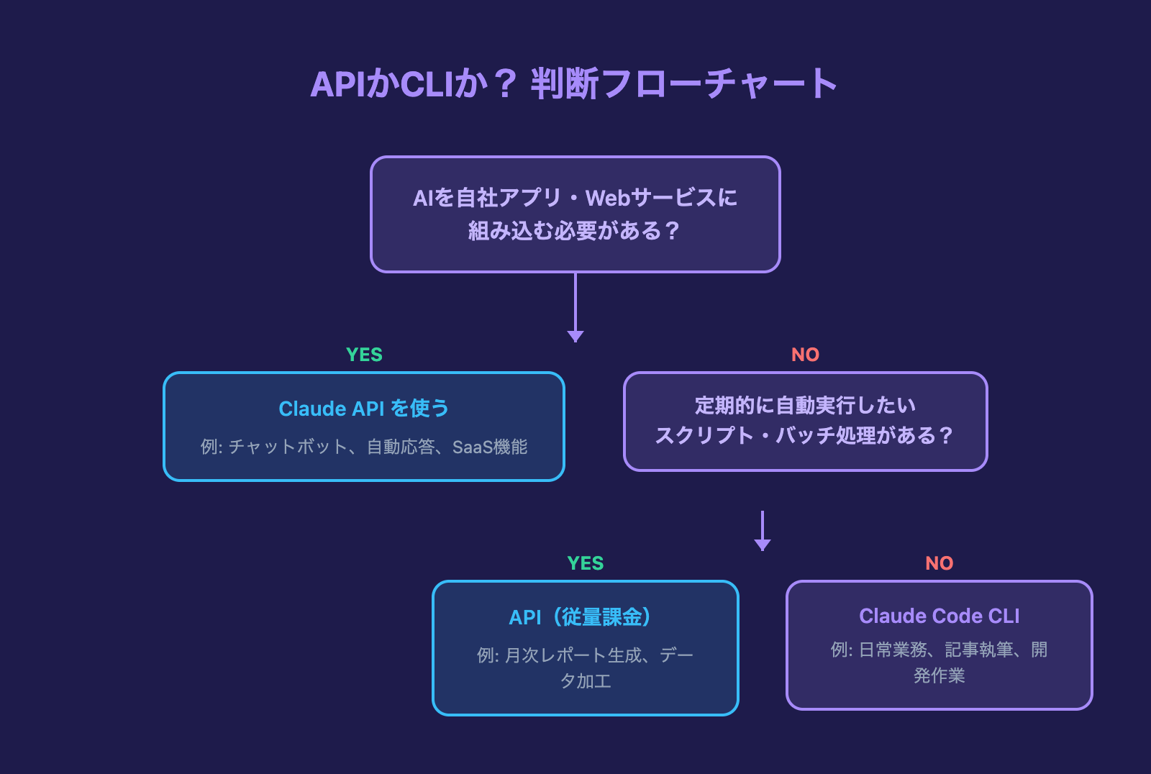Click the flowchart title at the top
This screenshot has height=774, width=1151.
pyautogui.click(x=574, y=83)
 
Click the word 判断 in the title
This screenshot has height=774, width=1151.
pyautogui.click(x=565, y=84)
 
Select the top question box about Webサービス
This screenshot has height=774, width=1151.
pyautogui.click(x=575, y=214)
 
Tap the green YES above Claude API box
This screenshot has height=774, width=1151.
pyautogui.click(x=364, y=355)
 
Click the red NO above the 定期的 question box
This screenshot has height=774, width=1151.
pyautogui.click(x=805, y=355)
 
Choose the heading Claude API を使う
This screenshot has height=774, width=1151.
pyautogui.click(x=364, y=409)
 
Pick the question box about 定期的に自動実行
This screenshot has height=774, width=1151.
pyautogui.click(x=805, y=421)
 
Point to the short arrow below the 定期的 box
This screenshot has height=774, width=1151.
pyautogui.click(x=762, y=531)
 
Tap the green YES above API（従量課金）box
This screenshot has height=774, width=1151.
pyautogui.click(x=585, y=563)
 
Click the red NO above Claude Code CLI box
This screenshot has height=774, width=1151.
pyautogui.click(x=939, y=563)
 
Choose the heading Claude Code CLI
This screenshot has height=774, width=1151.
pyautogui.click(x=939, y=616)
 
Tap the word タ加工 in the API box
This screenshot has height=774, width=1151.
pyautogui.click(x=585, y=681)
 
